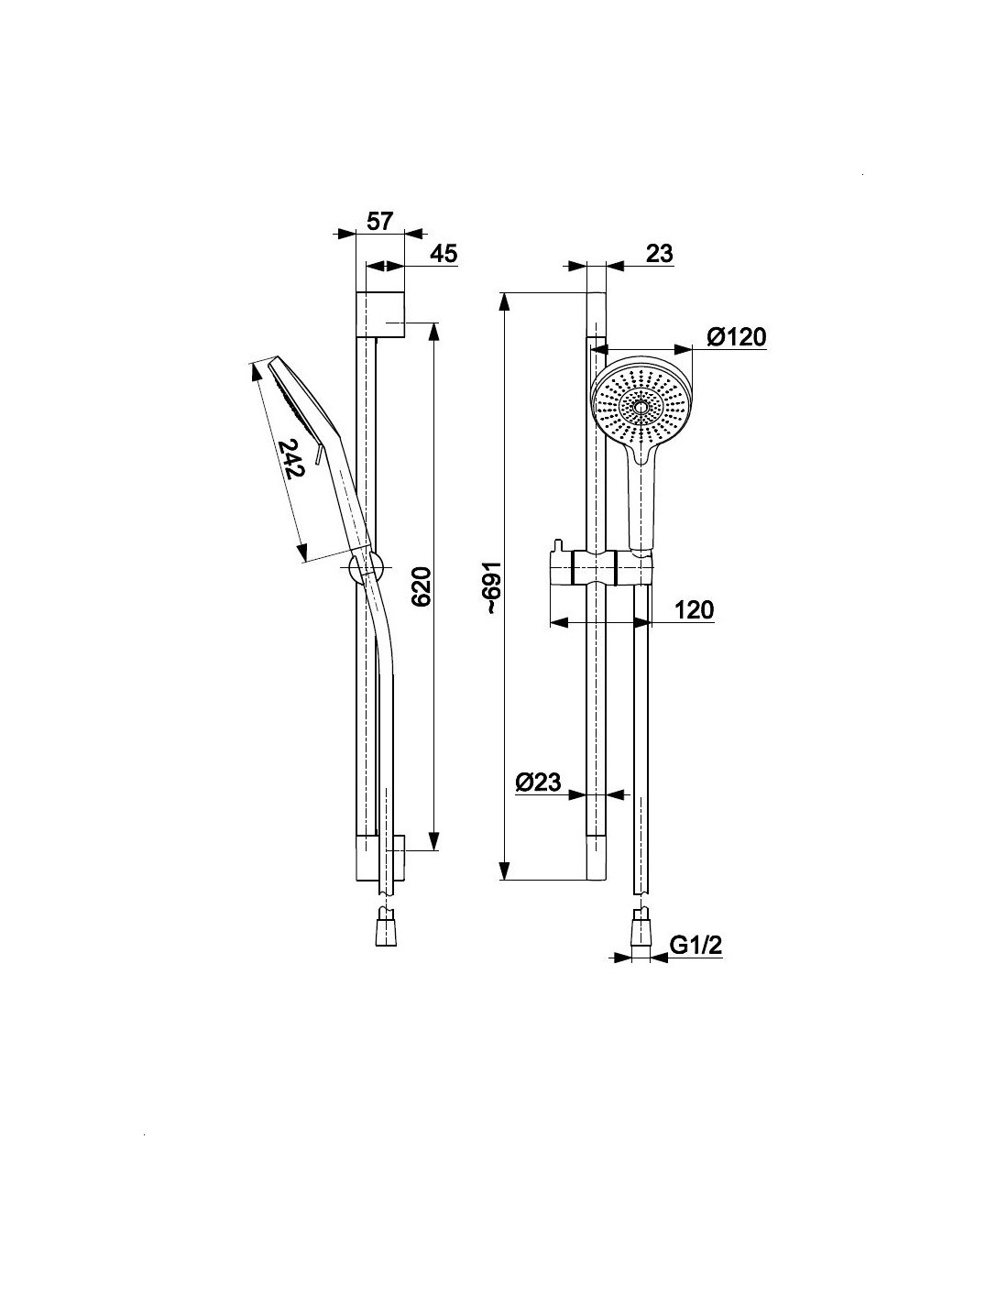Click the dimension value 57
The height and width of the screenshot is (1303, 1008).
pyautogui.click(x=379, y=221)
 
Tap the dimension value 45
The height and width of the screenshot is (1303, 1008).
pyautogui.click(x=444, y=254)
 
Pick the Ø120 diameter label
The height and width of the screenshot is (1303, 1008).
pyautogui.click(x=736, y=337)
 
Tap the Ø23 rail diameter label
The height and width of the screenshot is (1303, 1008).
pyautogui.click(x=538, y=782)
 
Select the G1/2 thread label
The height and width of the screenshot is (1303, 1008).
pyautogui.click(x=696, y=946)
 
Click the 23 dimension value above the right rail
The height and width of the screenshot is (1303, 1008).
pyautogui.click(x=660, y=254)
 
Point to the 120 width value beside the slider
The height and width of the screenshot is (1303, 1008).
pyautogui.click(x=695, y=610)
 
